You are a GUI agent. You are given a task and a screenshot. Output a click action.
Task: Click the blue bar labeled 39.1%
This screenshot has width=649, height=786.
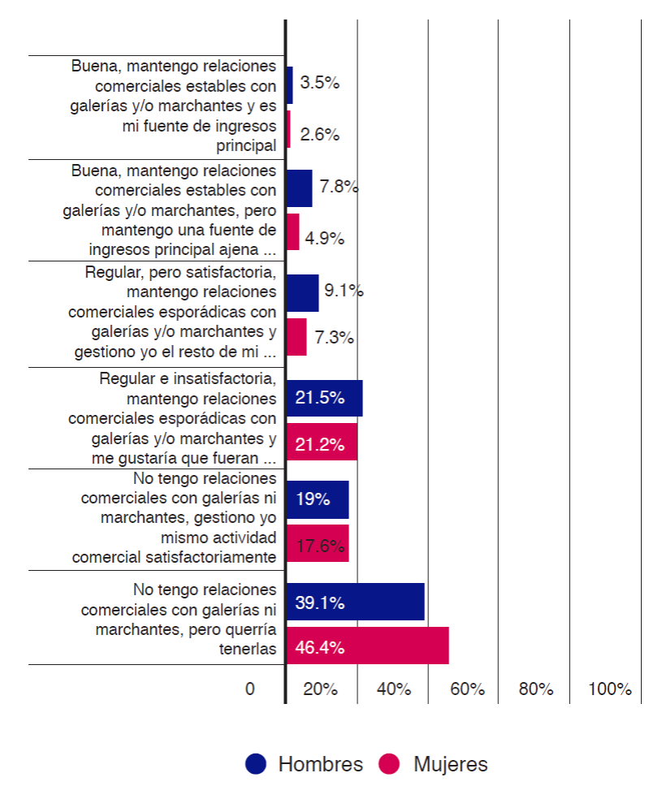tap(356, 602)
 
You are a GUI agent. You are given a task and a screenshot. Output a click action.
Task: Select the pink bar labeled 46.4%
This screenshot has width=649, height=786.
tap(368, 646)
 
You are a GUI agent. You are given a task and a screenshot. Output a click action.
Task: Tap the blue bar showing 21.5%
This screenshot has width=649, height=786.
tap(325, 398)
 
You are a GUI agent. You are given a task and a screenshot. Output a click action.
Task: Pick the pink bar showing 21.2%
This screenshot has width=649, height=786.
tap(322, 443)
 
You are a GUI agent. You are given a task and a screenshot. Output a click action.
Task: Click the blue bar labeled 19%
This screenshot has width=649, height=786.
tap(318, 499)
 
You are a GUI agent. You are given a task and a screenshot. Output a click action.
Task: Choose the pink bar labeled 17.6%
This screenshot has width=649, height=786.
tap(318, 543)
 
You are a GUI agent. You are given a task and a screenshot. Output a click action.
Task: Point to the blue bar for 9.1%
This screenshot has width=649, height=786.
tap(303, 293)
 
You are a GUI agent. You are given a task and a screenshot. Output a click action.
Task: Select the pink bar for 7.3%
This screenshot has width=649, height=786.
tap(297, 336)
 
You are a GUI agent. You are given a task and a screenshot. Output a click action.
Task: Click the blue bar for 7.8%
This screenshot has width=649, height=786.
tap(300, 188)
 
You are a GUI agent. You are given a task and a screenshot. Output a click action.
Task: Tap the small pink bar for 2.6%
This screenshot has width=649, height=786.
tap(288, 129)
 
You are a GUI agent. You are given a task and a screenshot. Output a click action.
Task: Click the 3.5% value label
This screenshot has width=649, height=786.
tap(319, 83)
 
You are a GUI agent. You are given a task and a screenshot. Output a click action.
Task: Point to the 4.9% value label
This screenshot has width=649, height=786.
tap(325, 238)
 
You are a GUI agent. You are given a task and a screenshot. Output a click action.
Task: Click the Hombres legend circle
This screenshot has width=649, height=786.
tap(256, 764)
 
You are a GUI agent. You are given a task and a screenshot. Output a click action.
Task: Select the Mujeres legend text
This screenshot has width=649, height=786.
tap(450, 764)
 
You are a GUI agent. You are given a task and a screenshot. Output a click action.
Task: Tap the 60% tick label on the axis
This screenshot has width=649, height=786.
tap(467, 689)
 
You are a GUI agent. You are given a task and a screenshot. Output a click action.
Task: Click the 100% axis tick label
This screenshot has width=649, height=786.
tap(609, 689)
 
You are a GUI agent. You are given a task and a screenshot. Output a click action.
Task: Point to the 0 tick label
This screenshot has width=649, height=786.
tap(250, 689)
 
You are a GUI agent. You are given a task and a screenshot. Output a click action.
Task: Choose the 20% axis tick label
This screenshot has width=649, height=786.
tap(321, 689)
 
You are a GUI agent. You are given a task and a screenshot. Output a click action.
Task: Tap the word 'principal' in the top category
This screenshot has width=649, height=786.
tap(246, 146)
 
